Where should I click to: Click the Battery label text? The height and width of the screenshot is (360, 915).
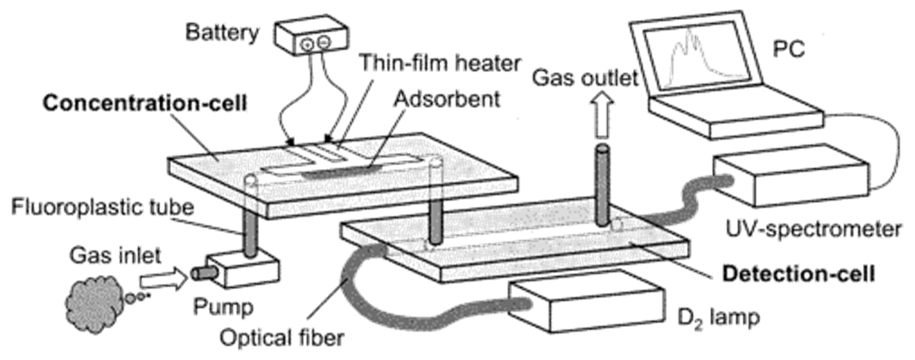click(x=222, y=33)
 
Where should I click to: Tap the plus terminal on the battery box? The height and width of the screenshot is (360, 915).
click(x=307, y=44)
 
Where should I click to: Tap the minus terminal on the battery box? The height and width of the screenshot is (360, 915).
click(x=324, y=42)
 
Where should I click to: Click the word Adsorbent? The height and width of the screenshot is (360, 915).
click(x=447, y=99)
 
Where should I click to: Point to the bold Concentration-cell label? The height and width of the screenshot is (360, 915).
click(x=145, y=103)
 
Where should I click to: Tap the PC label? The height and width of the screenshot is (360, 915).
click(x=789, y=49)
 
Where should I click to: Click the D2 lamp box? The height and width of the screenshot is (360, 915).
click(x=586, y=302)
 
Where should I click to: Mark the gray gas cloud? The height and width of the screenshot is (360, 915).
click(x=94, y=304)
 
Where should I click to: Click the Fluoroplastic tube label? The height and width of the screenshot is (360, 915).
click(x=103, y=207)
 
